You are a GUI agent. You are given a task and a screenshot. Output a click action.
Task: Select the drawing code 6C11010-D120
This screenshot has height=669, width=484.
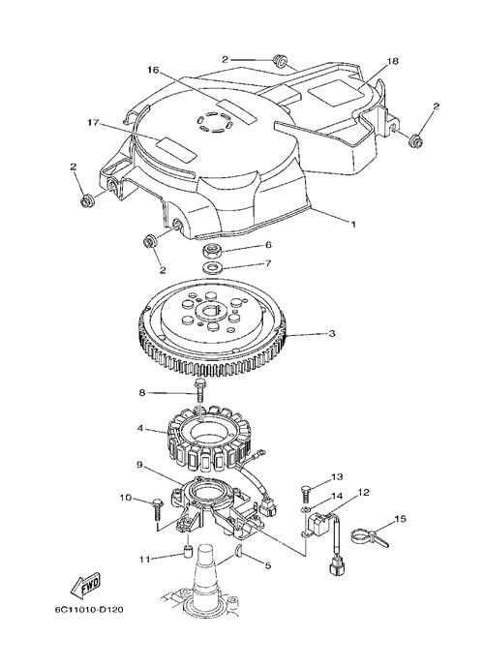[x=89, y=609]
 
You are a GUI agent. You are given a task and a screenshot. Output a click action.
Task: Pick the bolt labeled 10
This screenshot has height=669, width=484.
[x=156, y=507]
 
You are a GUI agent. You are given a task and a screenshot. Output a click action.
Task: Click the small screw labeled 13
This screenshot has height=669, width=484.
[x=306, y=494]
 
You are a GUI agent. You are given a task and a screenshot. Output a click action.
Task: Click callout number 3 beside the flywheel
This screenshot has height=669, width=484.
[x=332, y=333]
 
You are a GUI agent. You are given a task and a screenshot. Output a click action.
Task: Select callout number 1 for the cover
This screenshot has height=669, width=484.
[x=352, y=224]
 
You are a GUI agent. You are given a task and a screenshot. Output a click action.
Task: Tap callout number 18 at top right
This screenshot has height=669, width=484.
[x=392, y=61]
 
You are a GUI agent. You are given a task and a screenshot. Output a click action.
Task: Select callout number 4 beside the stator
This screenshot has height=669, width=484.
[x=139, y=427]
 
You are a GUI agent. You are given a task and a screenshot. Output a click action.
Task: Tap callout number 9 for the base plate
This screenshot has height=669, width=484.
[x=139, y=465]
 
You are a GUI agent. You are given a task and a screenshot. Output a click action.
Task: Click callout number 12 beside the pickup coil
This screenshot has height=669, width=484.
[x=363, y=493]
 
